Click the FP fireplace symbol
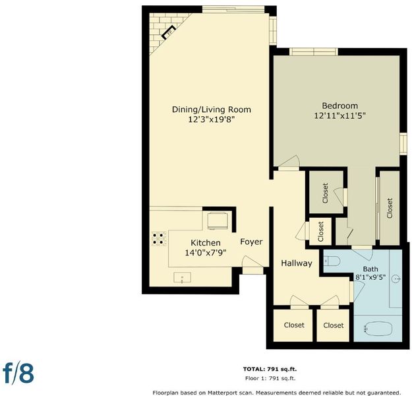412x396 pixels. [169, 32]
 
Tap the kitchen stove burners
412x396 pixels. [159, 239]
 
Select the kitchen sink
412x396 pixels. [182, 278]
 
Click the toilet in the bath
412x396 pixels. [332, 261]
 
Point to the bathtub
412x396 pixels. [378, 329]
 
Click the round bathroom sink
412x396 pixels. [397, 279]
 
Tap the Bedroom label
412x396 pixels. [339, 106]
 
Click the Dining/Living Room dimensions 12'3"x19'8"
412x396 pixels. [211, 119]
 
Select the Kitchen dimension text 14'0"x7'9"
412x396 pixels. [206, 253]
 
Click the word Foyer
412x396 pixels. [251, 242]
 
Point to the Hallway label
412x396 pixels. [297, 263]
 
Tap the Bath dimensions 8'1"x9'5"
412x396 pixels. [370, 277]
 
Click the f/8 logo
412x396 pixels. [18, 374]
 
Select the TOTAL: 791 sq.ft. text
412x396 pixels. [270, 369]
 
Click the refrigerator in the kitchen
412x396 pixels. [218, 221]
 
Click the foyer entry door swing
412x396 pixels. [252, 261]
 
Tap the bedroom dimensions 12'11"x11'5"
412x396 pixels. [340, 115]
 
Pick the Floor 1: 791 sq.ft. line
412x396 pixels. [270, 378]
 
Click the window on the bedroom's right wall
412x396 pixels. [403, 143]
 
